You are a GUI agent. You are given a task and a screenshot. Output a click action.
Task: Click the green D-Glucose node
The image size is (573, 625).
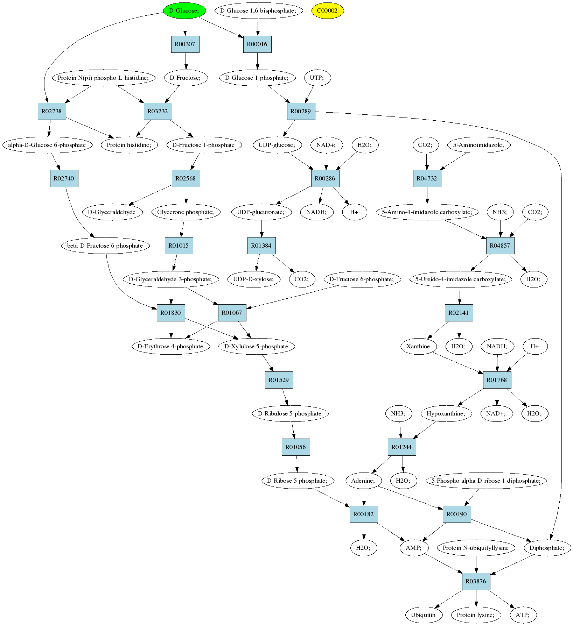[x=184, y=10]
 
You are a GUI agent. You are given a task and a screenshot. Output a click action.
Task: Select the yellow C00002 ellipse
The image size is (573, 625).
[x=328, y=10]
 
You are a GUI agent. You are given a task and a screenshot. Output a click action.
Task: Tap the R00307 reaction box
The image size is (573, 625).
[x=185, y=44]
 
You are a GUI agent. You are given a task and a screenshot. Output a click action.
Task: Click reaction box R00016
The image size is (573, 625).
[x=257, y=44]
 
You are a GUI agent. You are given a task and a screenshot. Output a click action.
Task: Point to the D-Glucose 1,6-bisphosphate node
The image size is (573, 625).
[x=258, y=10]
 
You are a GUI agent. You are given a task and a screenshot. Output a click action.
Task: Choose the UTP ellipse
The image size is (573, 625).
[x=316, y=78]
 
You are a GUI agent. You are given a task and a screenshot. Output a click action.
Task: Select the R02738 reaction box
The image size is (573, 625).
[x=52, y=111]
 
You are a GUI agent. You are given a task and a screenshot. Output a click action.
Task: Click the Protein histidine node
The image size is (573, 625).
[x=129, y=145]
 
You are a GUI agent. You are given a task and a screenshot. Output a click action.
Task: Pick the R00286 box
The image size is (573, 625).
[x=325, y=178]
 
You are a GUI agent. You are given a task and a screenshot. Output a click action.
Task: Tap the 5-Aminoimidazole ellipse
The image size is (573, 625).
[x=478, y=145]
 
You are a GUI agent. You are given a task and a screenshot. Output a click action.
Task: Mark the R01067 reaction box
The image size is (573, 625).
[x=232, y=313]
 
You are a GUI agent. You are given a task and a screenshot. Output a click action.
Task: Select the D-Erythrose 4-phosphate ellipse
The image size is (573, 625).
[x=170, y=346]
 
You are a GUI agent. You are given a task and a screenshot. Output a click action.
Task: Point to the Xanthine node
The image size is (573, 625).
[x=418, y=346]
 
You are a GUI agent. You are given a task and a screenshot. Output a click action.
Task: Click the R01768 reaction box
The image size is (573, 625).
[x=497, y=380]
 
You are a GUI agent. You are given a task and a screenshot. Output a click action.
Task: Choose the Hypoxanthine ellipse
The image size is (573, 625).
[x=446, y=413]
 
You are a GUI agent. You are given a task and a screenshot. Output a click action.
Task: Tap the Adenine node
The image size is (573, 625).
[x=363, y=481]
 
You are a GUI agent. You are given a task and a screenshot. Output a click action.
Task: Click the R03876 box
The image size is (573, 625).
[x=476, y=581]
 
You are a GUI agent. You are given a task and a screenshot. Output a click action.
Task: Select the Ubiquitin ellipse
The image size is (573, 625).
[x=424, y=615]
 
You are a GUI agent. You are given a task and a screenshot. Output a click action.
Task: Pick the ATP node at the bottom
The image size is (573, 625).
[x=523, y=615]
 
